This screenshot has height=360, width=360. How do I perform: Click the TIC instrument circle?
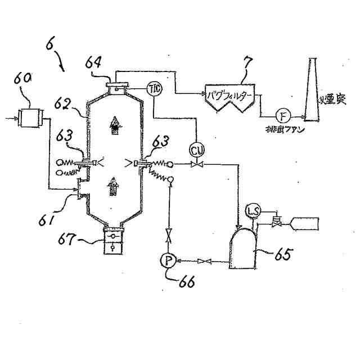pyautogui.click(x=154, y=88)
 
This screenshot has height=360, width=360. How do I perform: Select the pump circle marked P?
pyautogui.click(x=168, y=260)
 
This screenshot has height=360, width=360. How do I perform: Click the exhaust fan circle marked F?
pyautogui.click(x=283, y=116)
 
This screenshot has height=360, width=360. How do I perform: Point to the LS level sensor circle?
pyautogui.click(x=253, y=211)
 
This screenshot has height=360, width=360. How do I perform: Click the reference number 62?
pyautogui.click(x=64, y=103)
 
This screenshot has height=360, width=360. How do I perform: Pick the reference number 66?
pyautogui.click(x=186, y=281)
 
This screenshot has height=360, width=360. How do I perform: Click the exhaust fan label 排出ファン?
pyautogui.click(x=284, y=130)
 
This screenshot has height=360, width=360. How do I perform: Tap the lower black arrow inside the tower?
pyautogui.click(x=114, y=185)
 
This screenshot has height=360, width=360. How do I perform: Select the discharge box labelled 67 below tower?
pyautogui.click(x=114, y=241)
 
